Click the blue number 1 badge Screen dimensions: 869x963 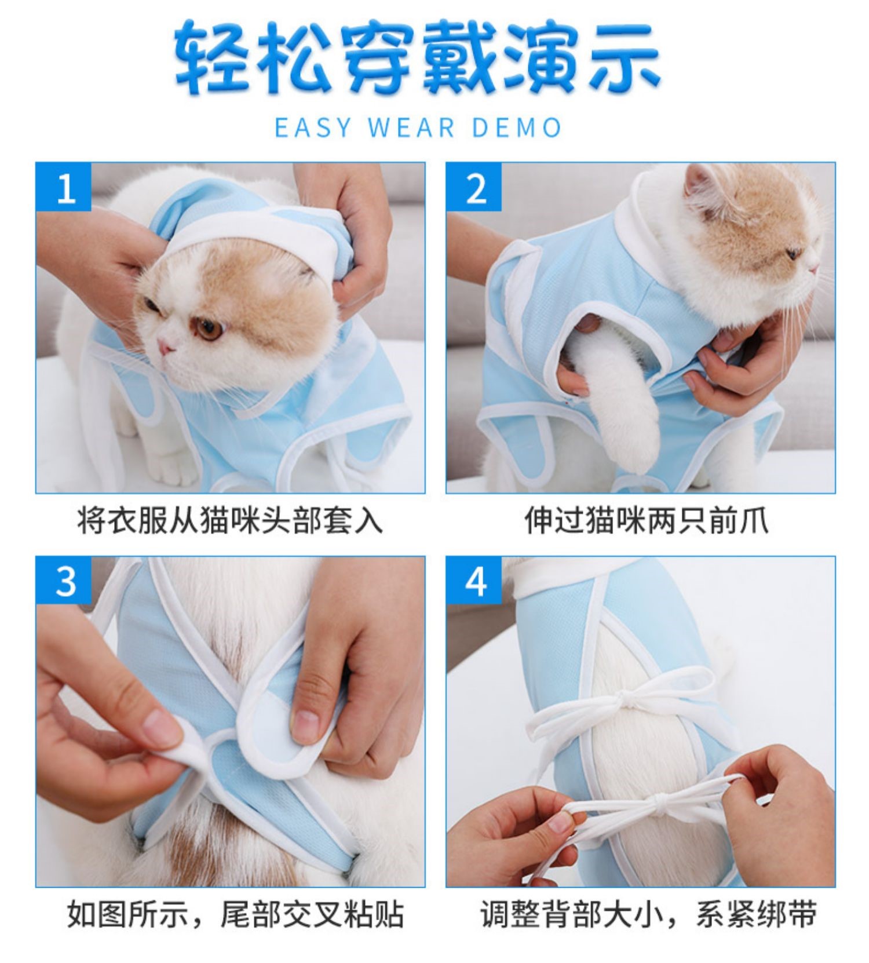coord(64,187)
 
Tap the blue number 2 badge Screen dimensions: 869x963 coord(474,187)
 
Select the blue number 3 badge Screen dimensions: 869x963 coord(64,581)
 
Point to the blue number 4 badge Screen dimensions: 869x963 coord(474,581)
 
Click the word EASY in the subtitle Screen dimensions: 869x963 coord(313,127)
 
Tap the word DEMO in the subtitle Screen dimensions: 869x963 coord(517,127)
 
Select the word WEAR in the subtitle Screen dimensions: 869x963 coord(411,127)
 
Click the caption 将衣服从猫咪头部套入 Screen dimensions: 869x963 coord(230,520)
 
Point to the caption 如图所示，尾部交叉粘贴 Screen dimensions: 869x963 coord(235,914)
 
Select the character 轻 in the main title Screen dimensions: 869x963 coord(212,58)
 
